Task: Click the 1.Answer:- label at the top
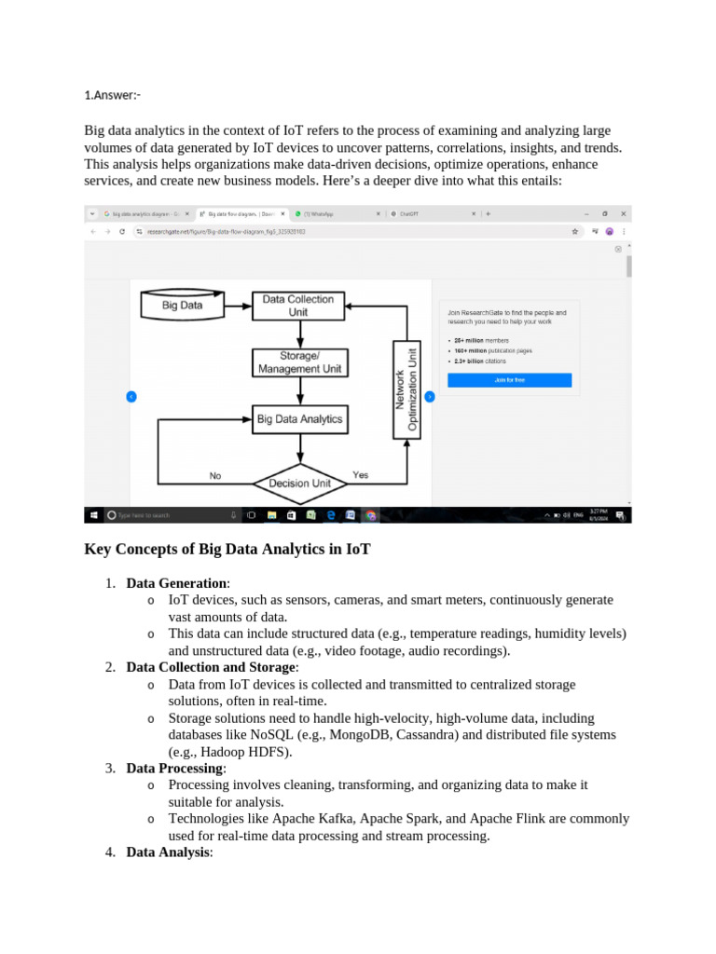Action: point(113,94)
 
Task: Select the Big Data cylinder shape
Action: point(183,305)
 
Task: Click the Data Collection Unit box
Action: point(298,306)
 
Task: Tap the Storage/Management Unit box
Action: point(299,362)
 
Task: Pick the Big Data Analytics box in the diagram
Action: point(299,419)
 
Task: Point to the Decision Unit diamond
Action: point(300,483)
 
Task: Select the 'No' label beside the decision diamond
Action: point(215,476)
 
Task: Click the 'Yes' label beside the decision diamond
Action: point(360,475)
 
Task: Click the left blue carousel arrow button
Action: point(131,396)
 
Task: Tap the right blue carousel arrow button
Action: point(429,396)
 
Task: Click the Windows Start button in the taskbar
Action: point(93,514)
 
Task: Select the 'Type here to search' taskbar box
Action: point(163,514)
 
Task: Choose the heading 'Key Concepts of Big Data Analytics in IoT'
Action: point(227,550)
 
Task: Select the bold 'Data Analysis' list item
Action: point(168,852)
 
